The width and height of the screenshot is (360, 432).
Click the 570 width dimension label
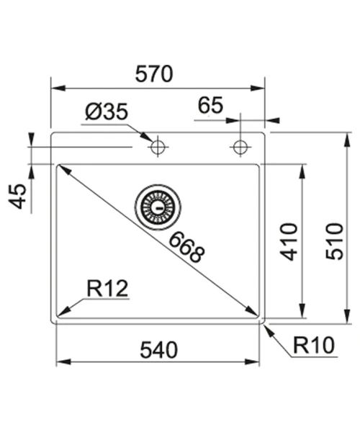point(154,74)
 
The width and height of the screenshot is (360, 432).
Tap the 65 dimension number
point(210,105)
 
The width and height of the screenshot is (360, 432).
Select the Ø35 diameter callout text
point(107,112)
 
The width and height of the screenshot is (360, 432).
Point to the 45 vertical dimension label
point(17,196)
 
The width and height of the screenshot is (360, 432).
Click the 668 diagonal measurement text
point(187,247)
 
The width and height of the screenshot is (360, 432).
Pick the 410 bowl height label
point(289,242)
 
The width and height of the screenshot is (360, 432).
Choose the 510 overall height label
point(335,242)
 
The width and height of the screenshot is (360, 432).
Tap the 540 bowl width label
point(159,350)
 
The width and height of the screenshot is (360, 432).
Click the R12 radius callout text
point(107,289)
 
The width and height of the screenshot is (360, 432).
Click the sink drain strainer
point(158,207)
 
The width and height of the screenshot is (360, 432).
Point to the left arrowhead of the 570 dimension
point(58,88)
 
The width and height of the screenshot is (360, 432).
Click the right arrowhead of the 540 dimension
point(252,361)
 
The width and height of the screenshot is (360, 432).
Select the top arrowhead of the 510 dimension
point(348,140)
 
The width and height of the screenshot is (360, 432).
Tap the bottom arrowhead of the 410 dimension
point(302,311)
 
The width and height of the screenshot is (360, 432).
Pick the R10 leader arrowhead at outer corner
point(269,330)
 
